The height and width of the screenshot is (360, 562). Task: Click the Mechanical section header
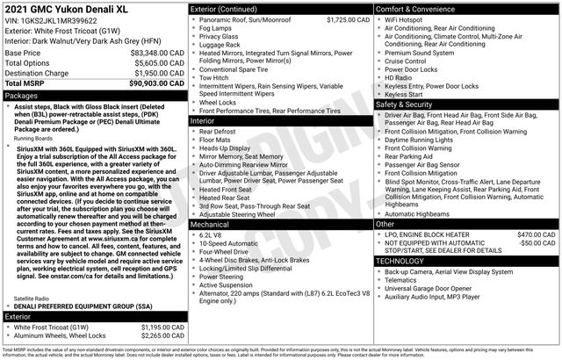coord(211,224)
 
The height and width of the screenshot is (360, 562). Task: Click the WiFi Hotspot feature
coord(409,18)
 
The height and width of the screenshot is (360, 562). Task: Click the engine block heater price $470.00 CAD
coord(535,234)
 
